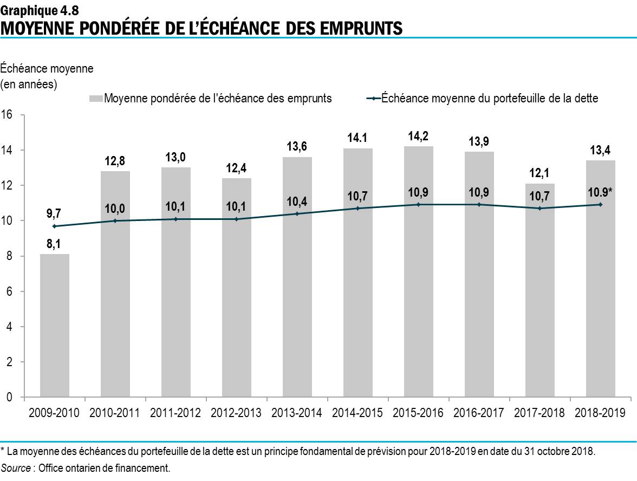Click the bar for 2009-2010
(x=55, y=325)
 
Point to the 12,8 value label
(x=115, y=161)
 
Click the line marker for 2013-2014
(x=297, y=213)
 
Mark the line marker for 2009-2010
(x=55, y=226)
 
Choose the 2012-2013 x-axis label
(x=237, y=413)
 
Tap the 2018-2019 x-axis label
(x=601, y=413)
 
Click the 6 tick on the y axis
(x=9, y=291)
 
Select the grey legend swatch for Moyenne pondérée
(x=96, y=99)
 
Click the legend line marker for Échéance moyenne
(x=373, y=99)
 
